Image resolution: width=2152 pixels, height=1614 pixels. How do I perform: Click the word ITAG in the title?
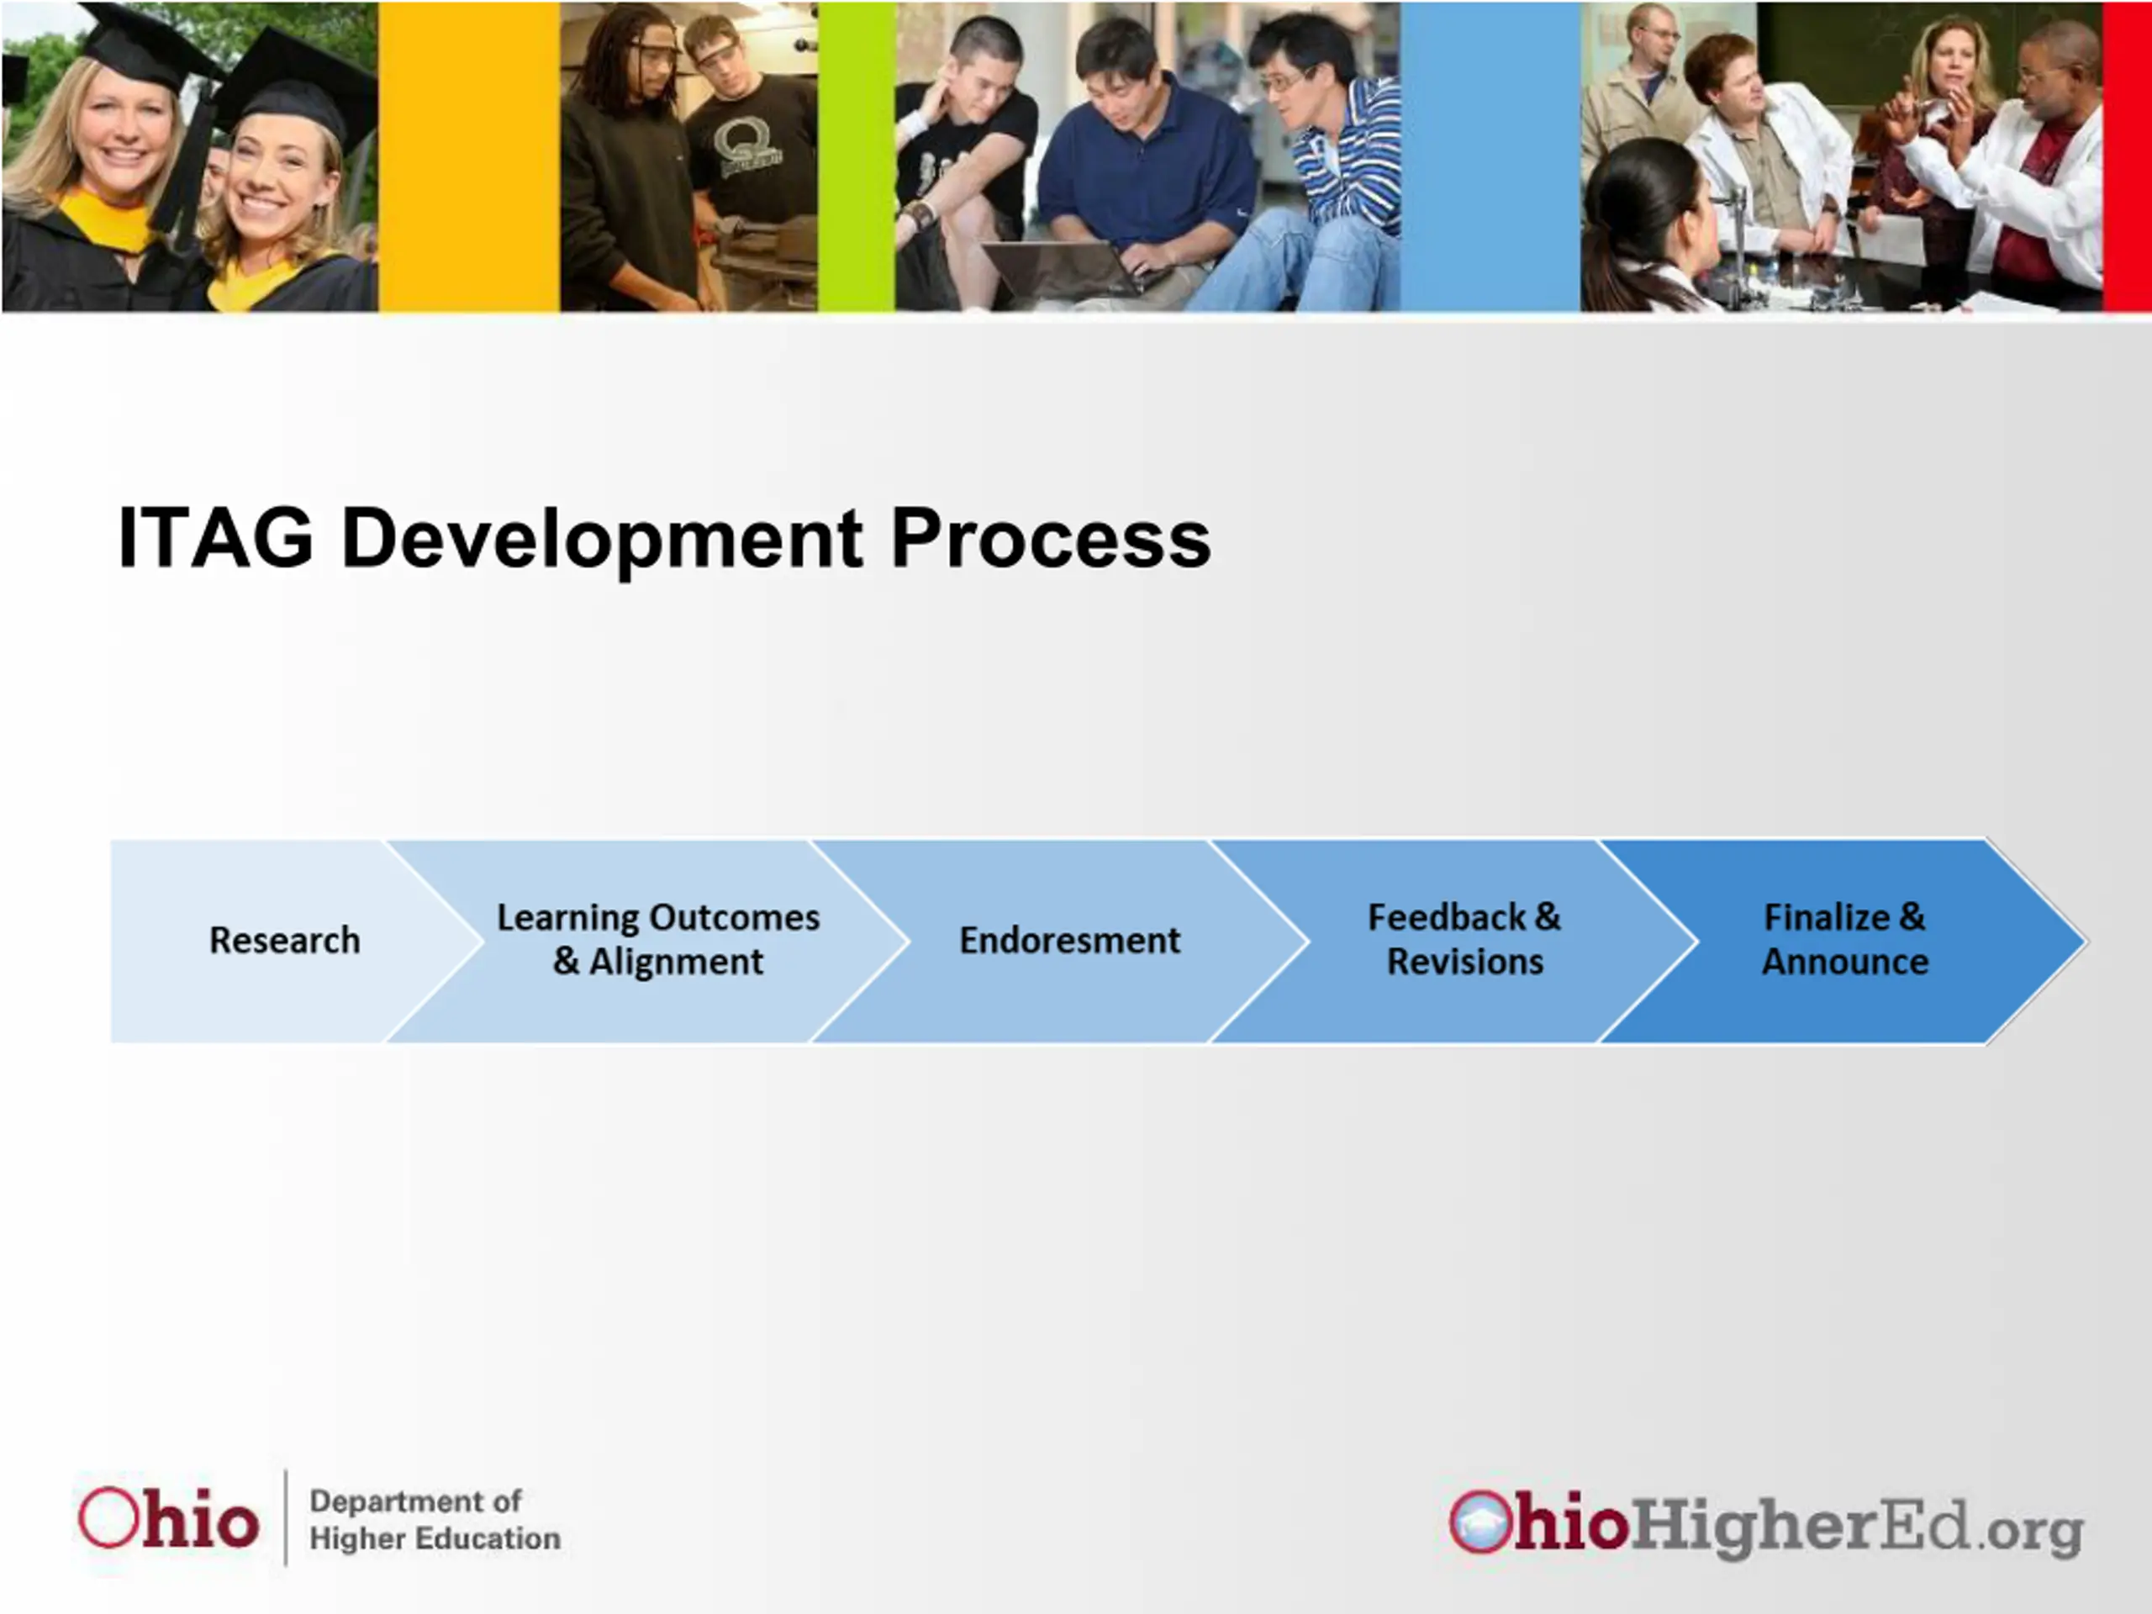pyautogui.click(x=215, y=538)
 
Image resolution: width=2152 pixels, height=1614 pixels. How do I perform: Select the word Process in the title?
pyautogui.click(x=1051, y=538)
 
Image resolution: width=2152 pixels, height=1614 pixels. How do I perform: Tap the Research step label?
pyautogui.click(x=285, y=940)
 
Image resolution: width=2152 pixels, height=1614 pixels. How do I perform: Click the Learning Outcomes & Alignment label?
pyautogui.click(x=659, y=939)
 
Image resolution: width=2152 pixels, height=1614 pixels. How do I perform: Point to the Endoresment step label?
pyautogui.click(x=1069, y=940)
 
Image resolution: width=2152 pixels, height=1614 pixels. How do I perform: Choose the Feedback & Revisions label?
pyautogui.click(x=1464, y=939)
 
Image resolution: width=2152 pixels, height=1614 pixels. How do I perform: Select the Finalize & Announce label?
pyautogui.click(x=1844, y=939)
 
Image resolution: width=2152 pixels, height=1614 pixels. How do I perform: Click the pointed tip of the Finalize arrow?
pyautogui.click(x=2086, y=941)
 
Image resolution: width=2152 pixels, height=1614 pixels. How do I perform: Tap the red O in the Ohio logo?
pyautogui.click(x=108, y=1516)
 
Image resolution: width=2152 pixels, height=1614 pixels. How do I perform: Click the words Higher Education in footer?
pyautogui.click(x=435, y=1538)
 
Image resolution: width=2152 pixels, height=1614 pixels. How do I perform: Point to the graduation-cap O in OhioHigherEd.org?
pyautogui.click(x=1479, y=1522)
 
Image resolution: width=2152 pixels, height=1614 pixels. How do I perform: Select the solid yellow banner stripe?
pyautogui.click(x=469, y=156)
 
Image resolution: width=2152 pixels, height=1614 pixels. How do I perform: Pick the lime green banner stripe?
pyautogui.click(x=856, y=156)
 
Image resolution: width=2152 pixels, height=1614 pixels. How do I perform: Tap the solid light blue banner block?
pyautogui.click(x=1490, y=156)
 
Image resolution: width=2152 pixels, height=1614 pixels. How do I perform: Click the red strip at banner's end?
pyautogui.click(x=2128, y=156)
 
